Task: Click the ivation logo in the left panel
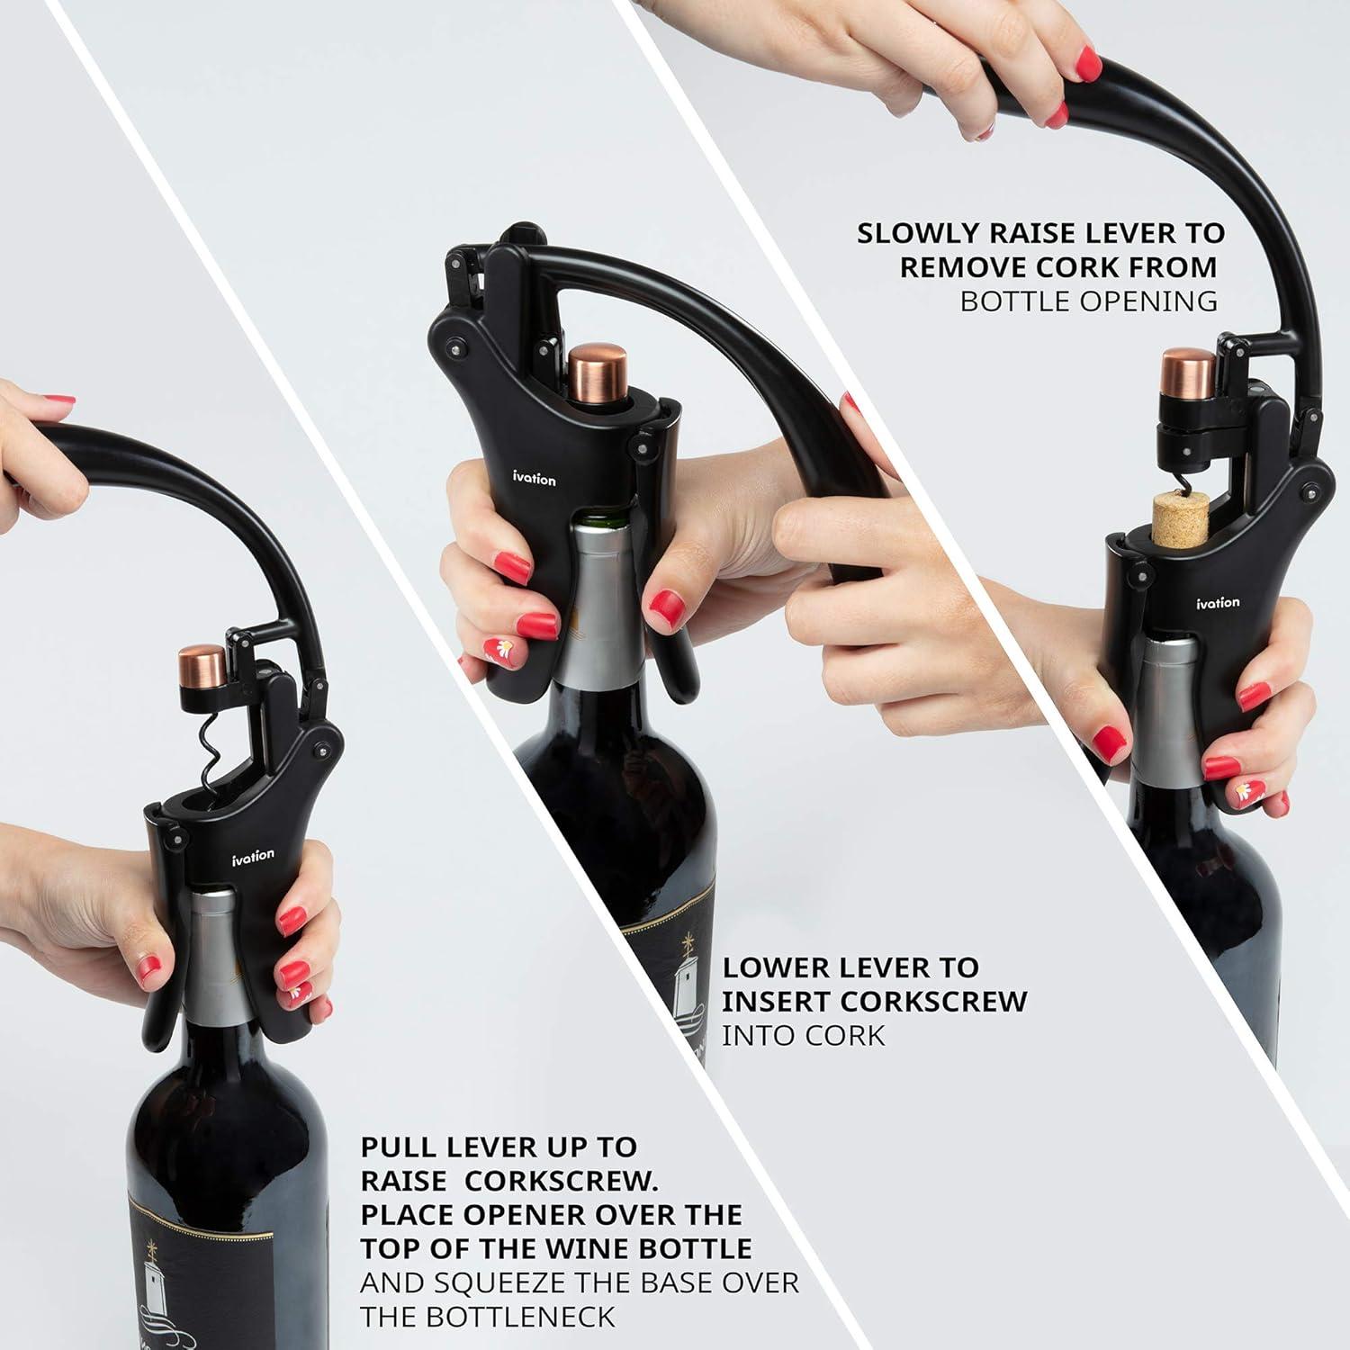pyautogui.click(x=252, y=855)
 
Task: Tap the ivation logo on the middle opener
pyautogui.click(x=535, y=479)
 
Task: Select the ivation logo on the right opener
pyautogui.click(x=1217, y=602)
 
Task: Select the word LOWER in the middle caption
pyautogui.click(x=775, y=967)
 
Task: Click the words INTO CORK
pyautogui.click(x=803, y=1035)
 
